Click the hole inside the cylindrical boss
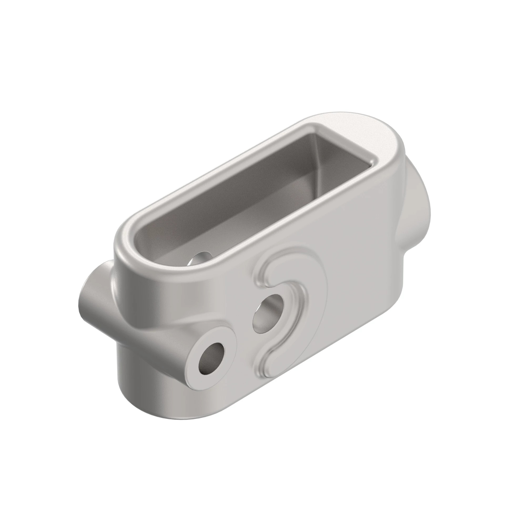(211, 359)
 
